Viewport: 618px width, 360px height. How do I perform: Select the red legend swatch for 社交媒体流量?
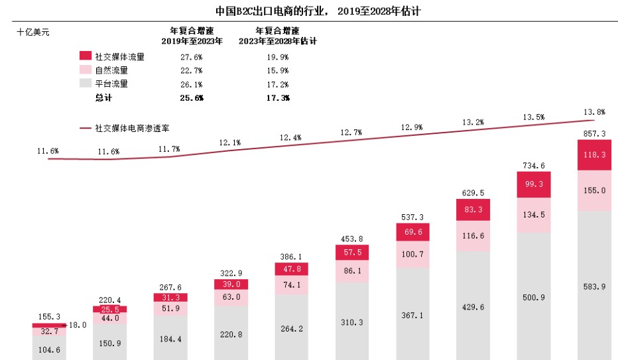click(85, 56)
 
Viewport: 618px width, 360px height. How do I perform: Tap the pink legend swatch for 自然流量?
click(85, 70)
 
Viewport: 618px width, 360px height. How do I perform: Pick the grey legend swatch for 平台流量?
click(85, 84)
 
